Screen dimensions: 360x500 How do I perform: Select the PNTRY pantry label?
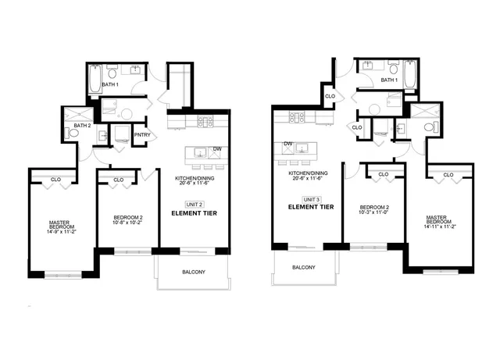tap(141, 135)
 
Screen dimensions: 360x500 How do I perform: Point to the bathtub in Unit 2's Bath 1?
tap(95, 80)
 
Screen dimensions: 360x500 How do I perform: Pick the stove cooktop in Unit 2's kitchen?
tap(206, 122)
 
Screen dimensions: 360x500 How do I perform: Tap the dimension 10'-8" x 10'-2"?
tap(125, 225)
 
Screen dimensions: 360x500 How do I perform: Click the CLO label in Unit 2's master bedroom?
tap(55, 180)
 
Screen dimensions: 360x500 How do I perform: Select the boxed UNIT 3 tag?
tap(310, 199)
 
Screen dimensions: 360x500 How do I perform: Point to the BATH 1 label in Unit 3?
tap(389, 80)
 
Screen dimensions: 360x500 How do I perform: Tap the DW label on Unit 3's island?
tap(288, 144)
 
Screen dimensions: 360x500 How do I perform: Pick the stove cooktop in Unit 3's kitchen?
tap(297, 117)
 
